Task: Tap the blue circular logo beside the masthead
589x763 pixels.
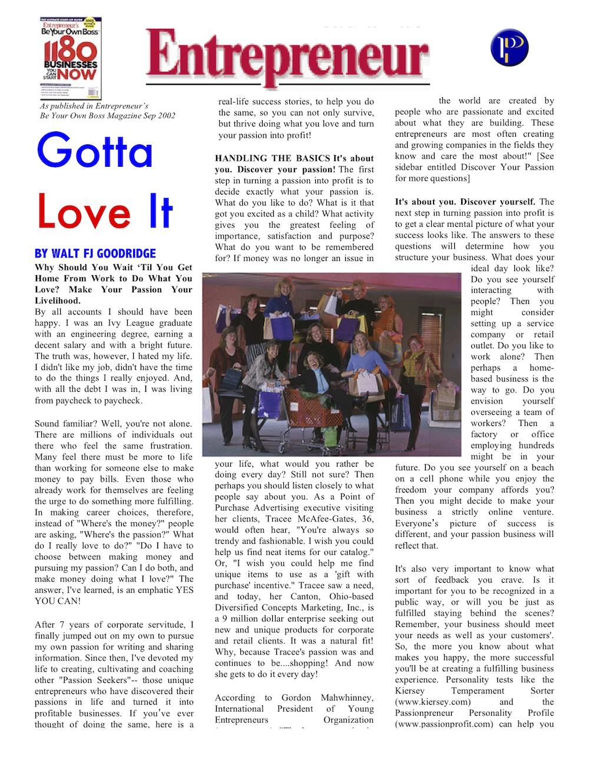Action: click(509, 48)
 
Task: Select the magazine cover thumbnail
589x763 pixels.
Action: click(70, 58)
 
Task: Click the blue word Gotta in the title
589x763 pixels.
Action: click(94, 151)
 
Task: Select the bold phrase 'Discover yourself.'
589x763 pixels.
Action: click(498, 202)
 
